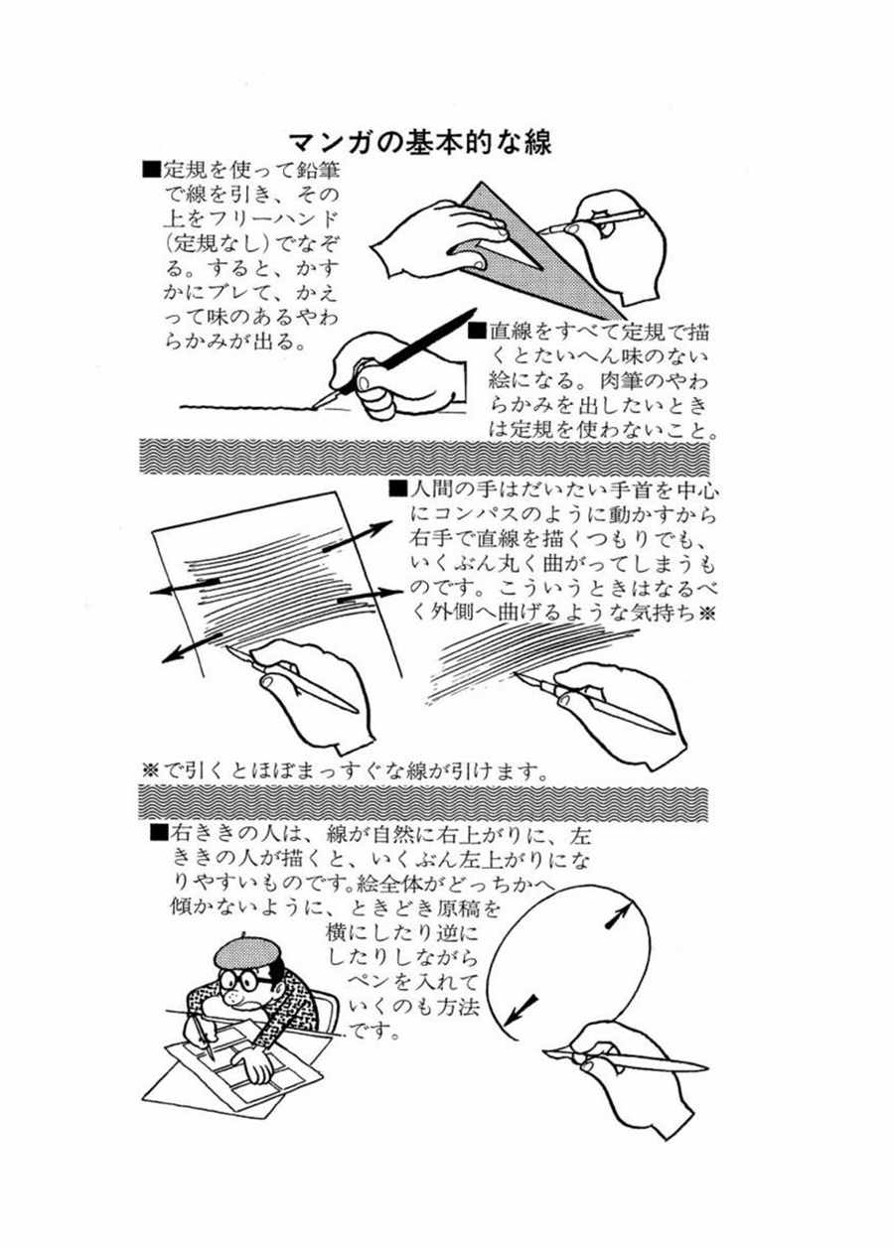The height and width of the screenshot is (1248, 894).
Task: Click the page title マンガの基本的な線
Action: [x=420, y=143]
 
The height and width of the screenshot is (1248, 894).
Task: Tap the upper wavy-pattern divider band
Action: [x=423, y=455]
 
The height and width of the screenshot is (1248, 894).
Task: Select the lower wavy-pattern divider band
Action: [x=423, y=803]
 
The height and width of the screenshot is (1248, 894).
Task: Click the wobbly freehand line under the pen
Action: [x=248, y=408]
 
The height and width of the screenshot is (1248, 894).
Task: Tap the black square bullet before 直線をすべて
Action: [x=477, y=331]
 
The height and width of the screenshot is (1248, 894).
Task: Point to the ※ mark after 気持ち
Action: [x=706, y=614]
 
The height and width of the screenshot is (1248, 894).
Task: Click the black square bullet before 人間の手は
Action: [x=397, y=488]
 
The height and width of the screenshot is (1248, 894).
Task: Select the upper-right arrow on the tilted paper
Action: [x=358, y=536]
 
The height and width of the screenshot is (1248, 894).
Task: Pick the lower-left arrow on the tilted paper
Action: [x=191, y=647]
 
